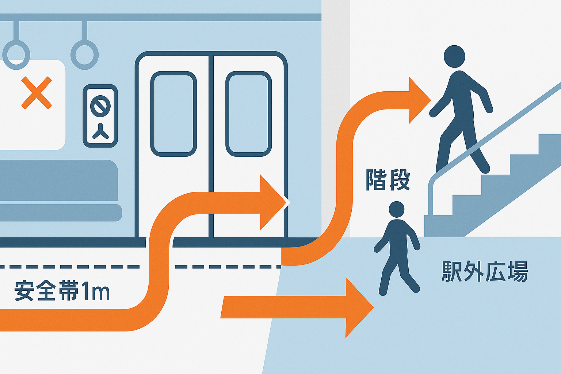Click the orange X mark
pos(37,93)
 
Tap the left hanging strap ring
pos(16,55)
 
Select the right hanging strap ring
pos(84,55)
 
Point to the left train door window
pos(173,114)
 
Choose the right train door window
pos(249,114)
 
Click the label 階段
pos(388,180)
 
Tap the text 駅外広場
pos(485,271)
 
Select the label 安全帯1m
pos(62,291)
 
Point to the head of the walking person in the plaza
pos(397,210)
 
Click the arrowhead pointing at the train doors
pos(272,202)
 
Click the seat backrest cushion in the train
pos(58,180)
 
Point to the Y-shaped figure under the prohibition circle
pos(100,132)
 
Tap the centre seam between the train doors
pos(211,146)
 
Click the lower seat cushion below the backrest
pos(60,213)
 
